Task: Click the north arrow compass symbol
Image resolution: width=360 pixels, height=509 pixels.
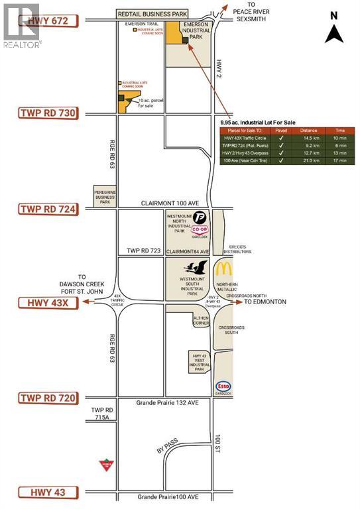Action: pos(334,30)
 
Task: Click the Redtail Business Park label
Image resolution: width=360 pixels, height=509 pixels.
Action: pos(152,13)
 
